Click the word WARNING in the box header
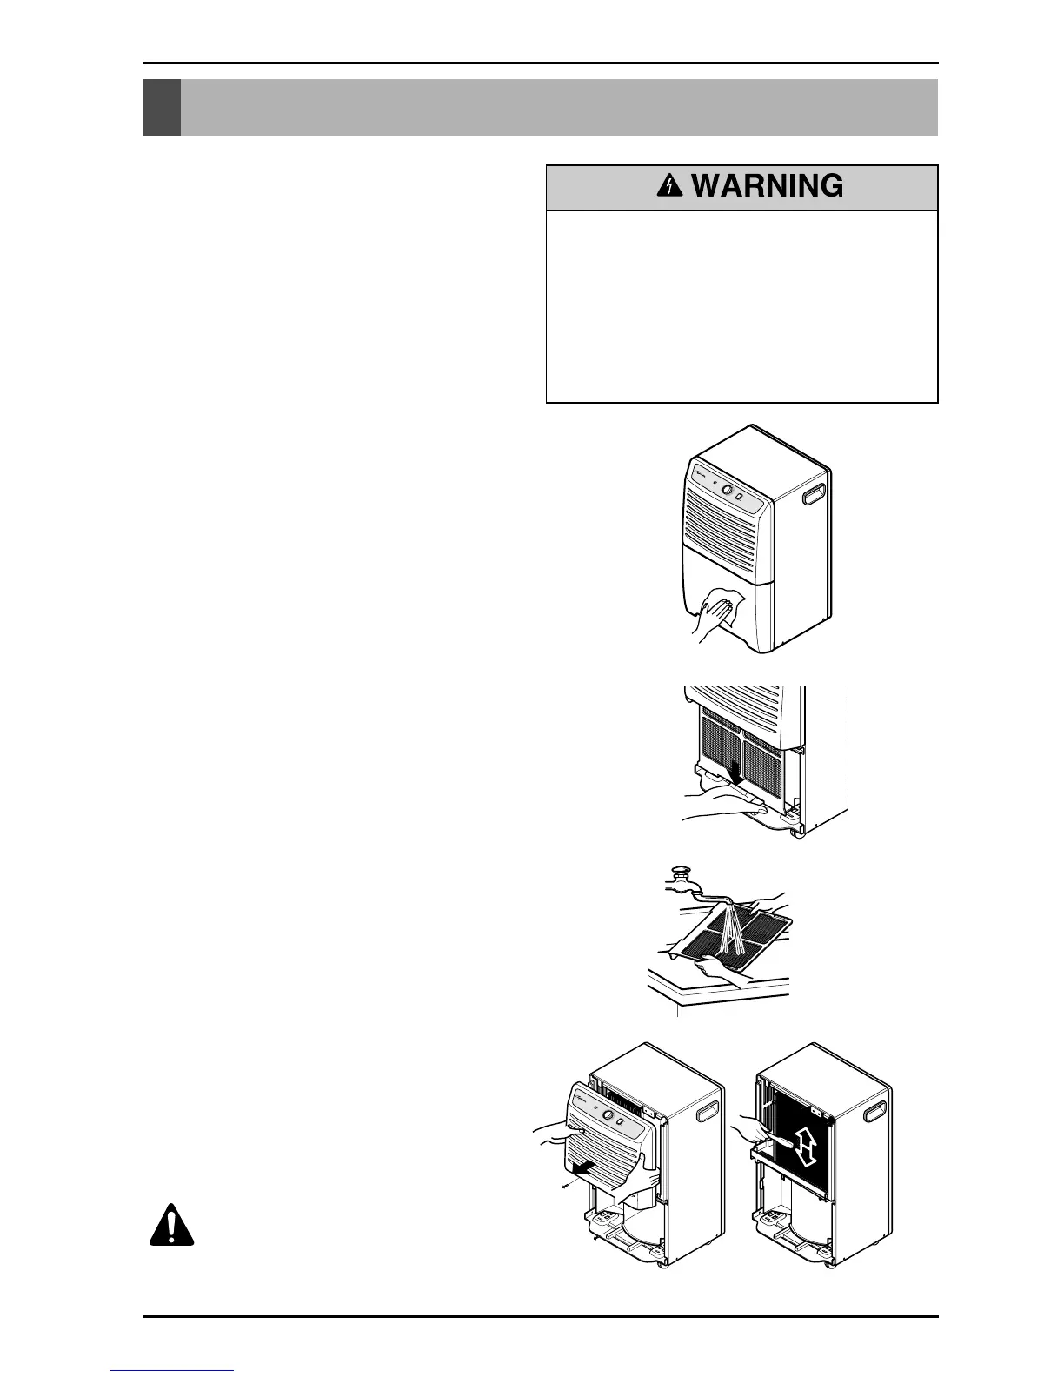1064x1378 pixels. (768, 186)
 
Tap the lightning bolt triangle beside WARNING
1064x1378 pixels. (671, 185)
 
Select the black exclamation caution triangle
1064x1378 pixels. (171, 1226)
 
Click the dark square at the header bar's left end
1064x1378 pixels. (162, 108)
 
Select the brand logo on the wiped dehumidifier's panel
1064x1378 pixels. (701, 475)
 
